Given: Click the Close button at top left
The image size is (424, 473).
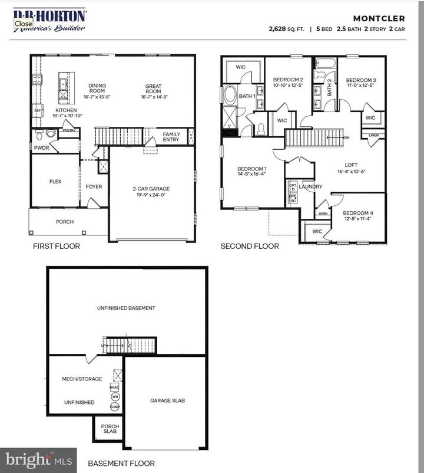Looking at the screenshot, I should (x=24, y=24).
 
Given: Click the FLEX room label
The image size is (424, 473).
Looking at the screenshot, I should (x=55, y=182).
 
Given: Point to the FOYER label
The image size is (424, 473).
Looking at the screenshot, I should (x=94, y=187).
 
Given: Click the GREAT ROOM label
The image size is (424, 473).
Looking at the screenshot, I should (x=153, y=89).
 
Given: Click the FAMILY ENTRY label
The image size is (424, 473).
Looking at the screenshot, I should (x=171, y=137).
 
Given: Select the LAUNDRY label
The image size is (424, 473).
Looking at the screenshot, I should (x=310, y=187).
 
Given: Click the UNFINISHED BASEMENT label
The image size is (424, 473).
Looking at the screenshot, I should (x=127, y=308).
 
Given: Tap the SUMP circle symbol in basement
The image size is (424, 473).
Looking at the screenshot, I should (x=115, y=407).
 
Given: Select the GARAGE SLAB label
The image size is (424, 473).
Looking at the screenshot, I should (x=167, y=400).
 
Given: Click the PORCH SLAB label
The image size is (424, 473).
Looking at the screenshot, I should (x=110, y=429).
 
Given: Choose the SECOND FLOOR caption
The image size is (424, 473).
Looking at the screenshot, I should (x=250, y=246).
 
